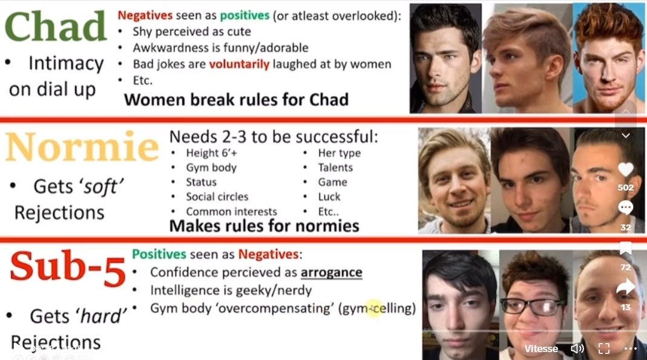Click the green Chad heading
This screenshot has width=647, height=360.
(56, 27)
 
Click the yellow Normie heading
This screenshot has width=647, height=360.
(82, 147)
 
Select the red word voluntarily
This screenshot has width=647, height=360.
(239, 64)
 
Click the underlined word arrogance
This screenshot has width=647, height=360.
(331, 272)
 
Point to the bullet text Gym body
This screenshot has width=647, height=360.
(211, 168)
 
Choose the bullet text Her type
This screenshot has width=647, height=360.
(339, 153)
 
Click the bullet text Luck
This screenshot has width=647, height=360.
(329, 197)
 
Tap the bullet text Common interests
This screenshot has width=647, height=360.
(231, 212)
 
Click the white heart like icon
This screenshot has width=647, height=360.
(626, 169)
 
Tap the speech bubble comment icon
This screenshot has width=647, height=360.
(626, 208)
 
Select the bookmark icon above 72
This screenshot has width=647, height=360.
(626, 248)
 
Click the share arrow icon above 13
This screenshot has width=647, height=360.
(626, 287)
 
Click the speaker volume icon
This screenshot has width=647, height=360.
(577, 349)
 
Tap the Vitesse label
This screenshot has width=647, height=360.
(541, 349)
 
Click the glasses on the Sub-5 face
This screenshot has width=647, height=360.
(533, 306)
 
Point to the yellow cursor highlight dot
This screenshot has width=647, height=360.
(374, 308)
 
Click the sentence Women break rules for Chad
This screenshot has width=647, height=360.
(237, 100)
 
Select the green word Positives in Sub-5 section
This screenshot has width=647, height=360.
(159, 254)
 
